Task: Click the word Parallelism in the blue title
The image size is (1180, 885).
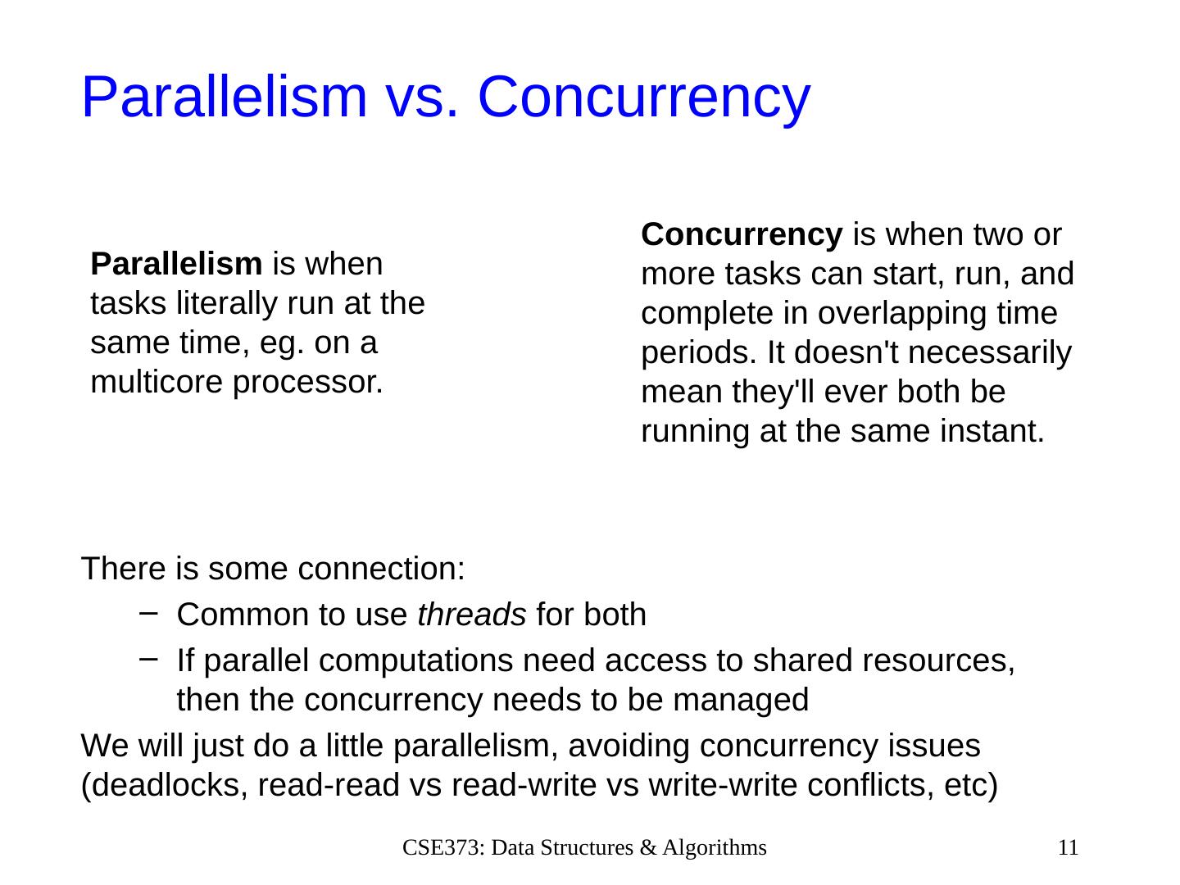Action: pyautogui.click(x=225, y=97)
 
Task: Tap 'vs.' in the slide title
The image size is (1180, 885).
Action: pyautogui.click(x=423, y=102)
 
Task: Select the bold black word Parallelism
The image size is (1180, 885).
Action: pyautogui.click(x=176, y=264)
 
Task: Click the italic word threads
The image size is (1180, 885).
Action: pyautogui.click(x=471, y=615)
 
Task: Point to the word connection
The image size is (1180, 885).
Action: pyautogui.click(x=381, y=569)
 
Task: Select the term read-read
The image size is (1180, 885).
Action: pyautogui.click(x=329, y=786)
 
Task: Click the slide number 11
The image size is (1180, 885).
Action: pyautogui.click(x=1068, y=847)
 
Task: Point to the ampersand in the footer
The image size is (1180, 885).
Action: pyautogui.click(x=648, y=848)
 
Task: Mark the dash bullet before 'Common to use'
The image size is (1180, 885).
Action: pyautogui.click(x=148, y=613)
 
